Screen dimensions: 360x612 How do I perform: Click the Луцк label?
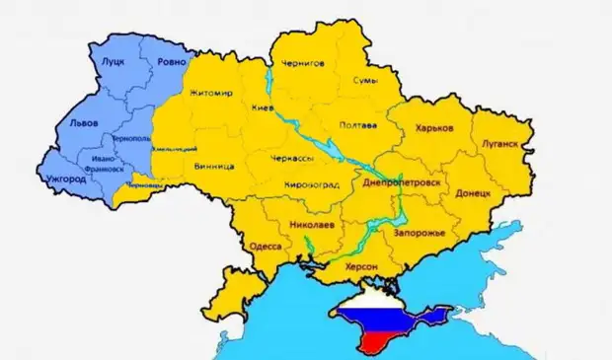coord(114,60)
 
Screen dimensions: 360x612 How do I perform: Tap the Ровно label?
coord(171,61)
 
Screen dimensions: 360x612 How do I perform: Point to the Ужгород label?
coord(66,179)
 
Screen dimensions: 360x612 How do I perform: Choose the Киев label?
coord(263,108)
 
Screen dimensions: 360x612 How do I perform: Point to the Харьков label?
coord(434,128)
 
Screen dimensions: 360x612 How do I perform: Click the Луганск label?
coord(499,143)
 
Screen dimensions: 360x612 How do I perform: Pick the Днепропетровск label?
coord(408,184)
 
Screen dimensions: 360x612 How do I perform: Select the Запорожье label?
coord(419,232)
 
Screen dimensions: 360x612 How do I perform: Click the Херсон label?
coord(362,266)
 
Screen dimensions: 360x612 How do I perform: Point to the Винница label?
coord(214,167)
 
